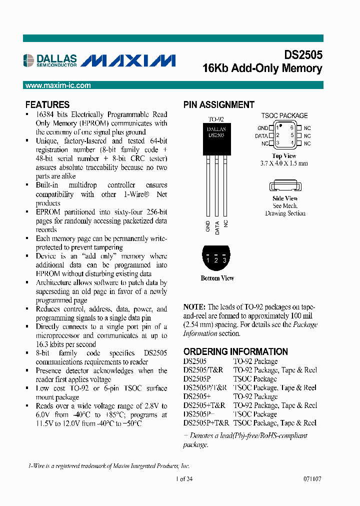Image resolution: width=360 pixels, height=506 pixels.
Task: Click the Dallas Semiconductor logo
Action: pos(49,60)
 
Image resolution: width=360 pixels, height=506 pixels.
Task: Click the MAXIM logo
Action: pos(128,60)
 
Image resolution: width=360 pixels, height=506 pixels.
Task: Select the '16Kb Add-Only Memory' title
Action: pos(262,68)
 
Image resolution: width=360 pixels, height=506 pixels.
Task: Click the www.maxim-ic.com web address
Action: pos(58,85)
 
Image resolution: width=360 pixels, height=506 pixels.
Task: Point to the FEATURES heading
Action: pos(47,104)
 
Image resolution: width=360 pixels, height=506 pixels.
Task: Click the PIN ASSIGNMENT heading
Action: pos(218,104)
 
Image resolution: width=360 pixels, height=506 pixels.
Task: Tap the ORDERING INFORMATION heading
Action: pos(235,351)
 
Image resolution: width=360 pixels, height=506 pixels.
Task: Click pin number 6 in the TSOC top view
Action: pos(291,128)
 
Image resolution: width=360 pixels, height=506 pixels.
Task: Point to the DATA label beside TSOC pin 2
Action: pos(261,136)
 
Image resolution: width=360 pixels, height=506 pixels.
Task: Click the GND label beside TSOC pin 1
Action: pos(262,128)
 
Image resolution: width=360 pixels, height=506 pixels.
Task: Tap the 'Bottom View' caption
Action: pos(217,278)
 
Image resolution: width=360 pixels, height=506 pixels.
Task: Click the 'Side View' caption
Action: pos(285,198)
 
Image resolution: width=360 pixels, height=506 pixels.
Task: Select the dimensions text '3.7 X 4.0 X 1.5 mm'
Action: pos(284,163)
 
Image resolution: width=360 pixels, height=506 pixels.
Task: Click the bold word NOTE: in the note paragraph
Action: pos(194,307)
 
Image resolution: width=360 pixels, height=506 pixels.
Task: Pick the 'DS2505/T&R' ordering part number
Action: pos(203,370)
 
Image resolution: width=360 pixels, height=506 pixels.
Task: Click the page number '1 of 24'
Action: pos(184,478)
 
